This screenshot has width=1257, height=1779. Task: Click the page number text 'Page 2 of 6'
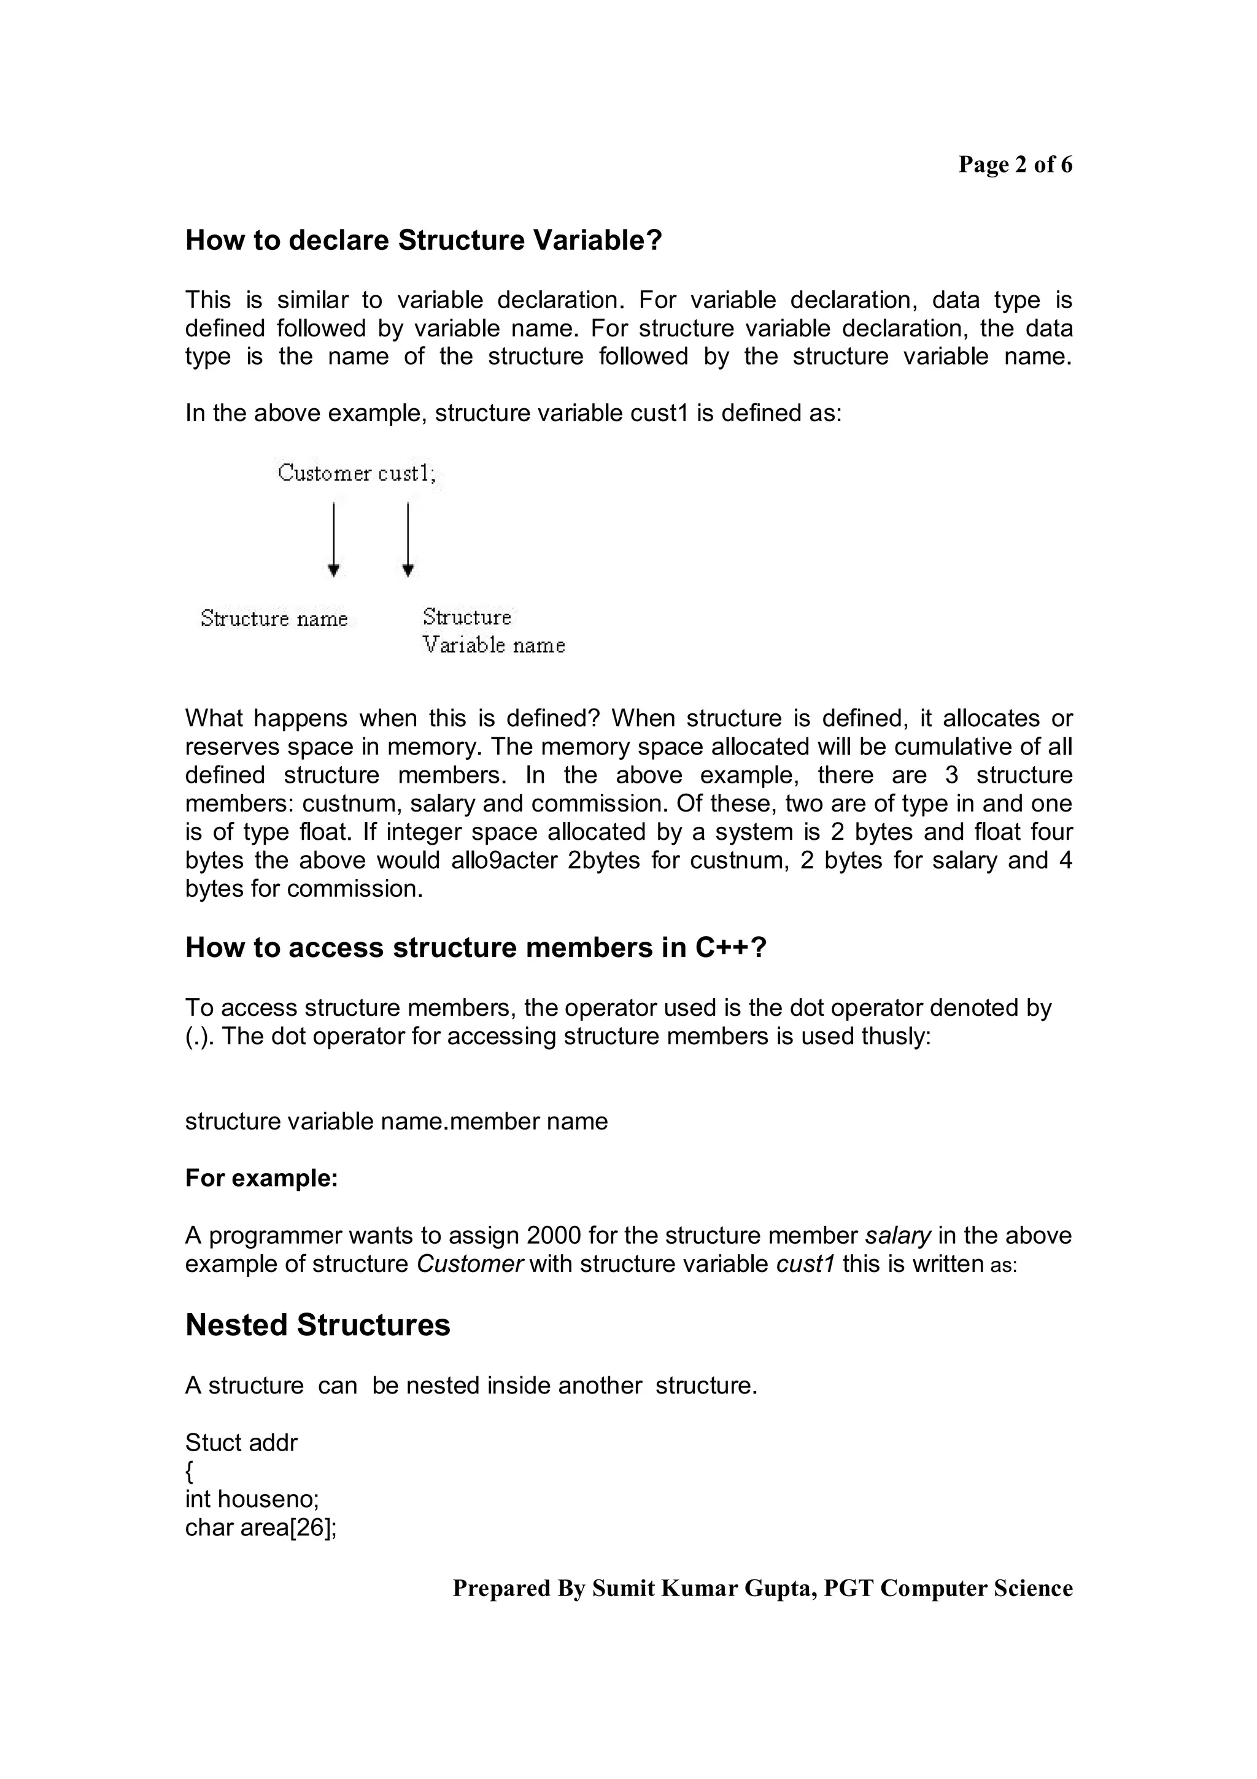1015,165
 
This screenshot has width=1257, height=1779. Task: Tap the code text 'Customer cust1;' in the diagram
356,473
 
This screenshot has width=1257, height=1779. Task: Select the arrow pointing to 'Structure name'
333,538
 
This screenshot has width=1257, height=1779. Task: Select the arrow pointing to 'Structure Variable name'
408,538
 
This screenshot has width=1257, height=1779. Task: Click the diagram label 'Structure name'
274,618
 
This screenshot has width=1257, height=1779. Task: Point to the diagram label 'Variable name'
493,645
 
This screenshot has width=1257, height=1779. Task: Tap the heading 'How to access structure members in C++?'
475,948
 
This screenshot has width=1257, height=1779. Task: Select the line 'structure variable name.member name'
396,1121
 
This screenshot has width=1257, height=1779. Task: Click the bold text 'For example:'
261,1178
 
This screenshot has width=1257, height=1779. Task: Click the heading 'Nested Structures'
317,1325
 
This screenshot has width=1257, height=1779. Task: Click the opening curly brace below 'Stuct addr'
190,1471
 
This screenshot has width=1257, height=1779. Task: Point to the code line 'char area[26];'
260,1528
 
